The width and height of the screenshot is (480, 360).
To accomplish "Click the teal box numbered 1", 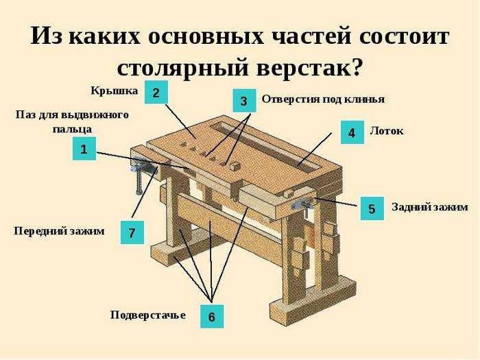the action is pyautogui.click(x=84, y=149).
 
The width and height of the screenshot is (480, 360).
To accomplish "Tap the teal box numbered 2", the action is pyautogui.click(x=156, y=92).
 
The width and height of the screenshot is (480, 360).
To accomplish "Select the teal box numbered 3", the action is pyautogui.click(x=244, y=101).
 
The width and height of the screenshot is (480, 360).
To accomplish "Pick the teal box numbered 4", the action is pyautogui.click(x=352, y=132).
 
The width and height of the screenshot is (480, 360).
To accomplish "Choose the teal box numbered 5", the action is pyautogui.click(x=372, y=208).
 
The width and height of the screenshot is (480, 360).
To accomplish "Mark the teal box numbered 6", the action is pyautogui.click(x=212, y=317).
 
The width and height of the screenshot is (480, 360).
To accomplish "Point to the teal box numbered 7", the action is pyautogui.click(x=132, y=232).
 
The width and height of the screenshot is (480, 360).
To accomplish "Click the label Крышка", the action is pyautogui.click(x=115, y=91).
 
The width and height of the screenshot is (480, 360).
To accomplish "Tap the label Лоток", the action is pyautogui.click(x=387, y=131).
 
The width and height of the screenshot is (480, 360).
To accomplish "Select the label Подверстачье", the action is pyautogui.click(x=148, y=315).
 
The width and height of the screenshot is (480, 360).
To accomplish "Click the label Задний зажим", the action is pyautogui.click(x=430, y=207).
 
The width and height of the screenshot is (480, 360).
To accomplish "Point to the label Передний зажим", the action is pyautogui.click(x=59, y=231).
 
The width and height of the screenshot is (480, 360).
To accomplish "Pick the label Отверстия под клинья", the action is pyautogui.click(x=323, y=99).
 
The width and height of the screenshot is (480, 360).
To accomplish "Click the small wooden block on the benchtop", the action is pyautogui.click(x=235, y=166).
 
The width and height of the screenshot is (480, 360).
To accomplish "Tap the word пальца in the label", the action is pyautogui.click(x=72, y=129).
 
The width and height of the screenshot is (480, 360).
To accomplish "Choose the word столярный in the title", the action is pyautogui.click(x=183, y=68).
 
